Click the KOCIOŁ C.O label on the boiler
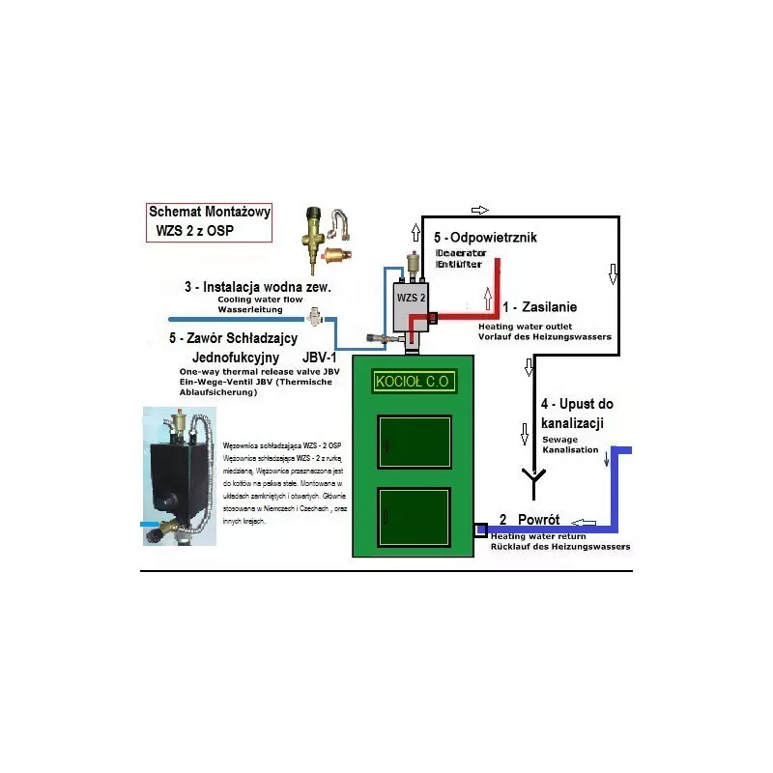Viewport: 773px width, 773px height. pyautogui.click(x=413, y=381)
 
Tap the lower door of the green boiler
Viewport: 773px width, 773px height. pyautogui.click(x=415, y=518)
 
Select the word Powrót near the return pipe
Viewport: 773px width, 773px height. pyautogui.click(x=539, y=519)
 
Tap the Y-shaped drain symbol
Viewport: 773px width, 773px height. pyautogui.click(x=530, y=477)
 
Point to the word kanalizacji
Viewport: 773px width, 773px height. pyautogui.click(x=572, y=422)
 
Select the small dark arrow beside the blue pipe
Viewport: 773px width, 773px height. pyautogui.click(x=607, y=460)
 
